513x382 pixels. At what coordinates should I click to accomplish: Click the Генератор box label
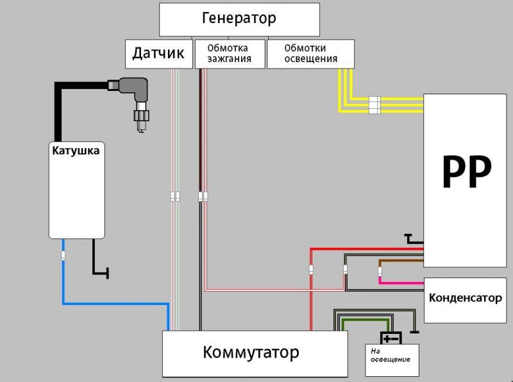239,19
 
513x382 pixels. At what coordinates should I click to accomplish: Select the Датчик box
159,54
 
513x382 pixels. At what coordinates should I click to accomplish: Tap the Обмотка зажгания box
230,54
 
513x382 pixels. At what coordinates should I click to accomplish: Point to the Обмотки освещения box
310,54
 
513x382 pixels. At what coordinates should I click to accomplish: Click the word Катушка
76,151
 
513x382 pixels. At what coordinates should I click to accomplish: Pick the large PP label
467,172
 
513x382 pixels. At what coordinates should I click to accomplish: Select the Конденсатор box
466,300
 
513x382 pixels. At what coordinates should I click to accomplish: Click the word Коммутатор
251,353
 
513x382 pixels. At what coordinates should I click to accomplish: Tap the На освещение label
390,355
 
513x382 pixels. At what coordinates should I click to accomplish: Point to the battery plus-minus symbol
391,338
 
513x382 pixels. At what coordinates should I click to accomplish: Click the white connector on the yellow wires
374,105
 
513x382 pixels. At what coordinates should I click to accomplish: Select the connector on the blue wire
63,256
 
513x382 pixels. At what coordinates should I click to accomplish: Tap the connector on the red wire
311,270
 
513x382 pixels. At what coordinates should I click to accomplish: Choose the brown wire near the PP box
401,261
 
